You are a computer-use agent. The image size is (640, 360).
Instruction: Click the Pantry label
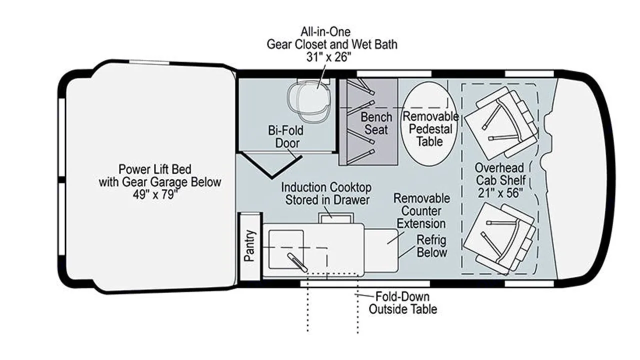(x=249, y=245)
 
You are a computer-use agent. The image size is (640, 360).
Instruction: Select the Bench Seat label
(x=376, y=123)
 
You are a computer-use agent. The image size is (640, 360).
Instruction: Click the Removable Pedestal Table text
(x=430, y=129)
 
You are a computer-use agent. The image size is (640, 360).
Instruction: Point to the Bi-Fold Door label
(x=285, y=136)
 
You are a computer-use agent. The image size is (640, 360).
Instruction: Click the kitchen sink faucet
(x=297, y=262)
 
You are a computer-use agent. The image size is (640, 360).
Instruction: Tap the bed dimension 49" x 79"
(x=155, y=194)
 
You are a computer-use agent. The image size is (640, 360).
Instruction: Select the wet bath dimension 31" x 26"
(x=328, y=57)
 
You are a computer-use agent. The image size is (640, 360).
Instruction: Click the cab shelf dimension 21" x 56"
(x=500, y=193)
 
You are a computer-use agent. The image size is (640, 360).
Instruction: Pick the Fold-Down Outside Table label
(x=403, y=303)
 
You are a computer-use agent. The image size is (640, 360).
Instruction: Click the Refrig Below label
(x=431, y=246)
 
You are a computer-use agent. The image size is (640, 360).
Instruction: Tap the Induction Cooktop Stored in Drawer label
(x=326, y=193)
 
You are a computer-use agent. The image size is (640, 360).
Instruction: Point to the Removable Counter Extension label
(x=421, y=211)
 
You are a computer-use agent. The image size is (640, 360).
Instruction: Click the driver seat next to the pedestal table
(x=502, y=122)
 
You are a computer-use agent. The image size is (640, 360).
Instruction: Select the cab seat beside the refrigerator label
(x=499, y=238)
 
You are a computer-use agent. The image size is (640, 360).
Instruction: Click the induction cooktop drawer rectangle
(x=336, y=217)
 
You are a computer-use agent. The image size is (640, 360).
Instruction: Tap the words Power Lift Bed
(x=155, y=169)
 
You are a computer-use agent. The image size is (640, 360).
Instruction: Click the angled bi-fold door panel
(x=270, y=165)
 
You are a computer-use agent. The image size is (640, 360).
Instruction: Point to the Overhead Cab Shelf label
(x=500, y=174)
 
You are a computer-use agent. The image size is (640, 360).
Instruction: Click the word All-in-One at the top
(x=325, y=31)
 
